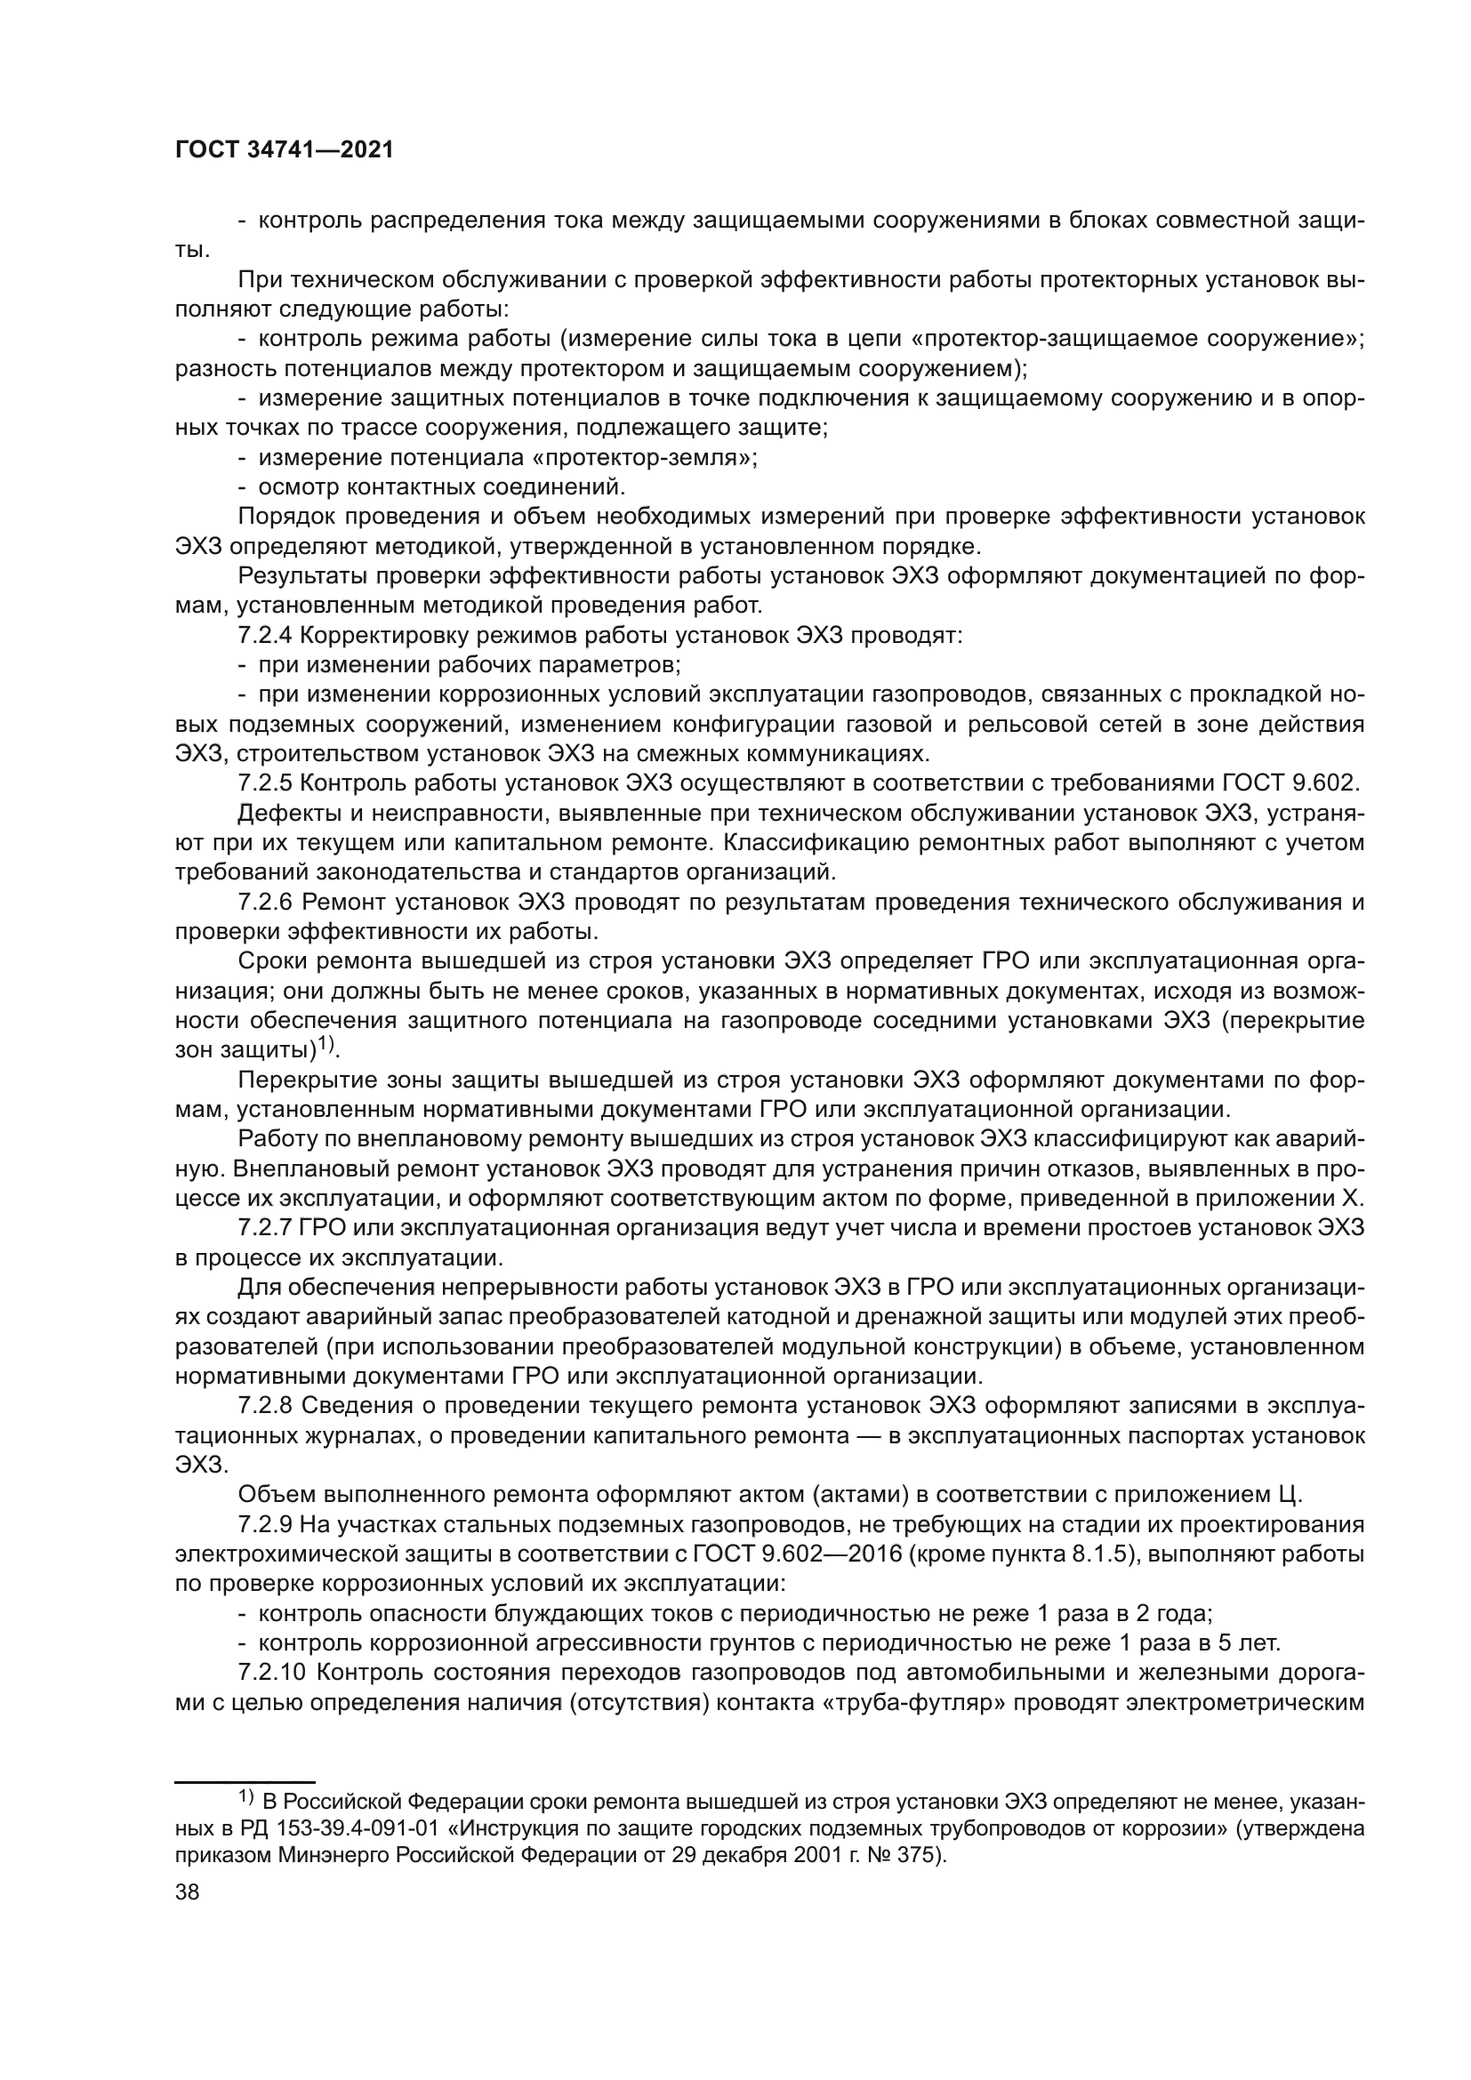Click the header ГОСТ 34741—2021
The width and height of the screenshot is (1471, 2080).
pyautogui.click(x=285, y=150)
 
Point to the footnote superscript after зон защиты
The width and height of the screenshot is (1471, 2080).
pyautogui.click(x=325, y=1047)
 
